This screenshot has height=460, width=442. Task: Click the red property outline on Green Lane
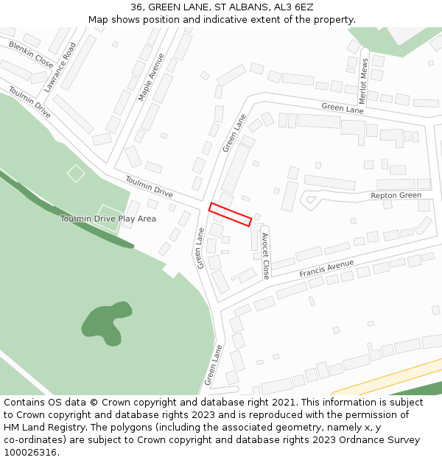(x=230, y=214)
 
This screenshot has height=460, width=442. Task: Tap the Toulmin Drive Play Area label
(x=108, y=219)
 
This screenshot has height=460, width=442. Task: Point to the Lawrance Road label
(x=60, y=67)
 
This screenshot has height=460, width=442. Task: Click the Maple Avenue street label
(x=151, y=76)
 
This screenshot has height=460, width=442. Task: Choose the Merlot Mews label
(x=362, y=81)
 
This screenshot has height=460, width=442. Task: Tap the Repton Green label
(x=396, y=195)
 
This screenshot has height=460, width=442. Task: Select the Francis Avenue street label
(x=326, y=269)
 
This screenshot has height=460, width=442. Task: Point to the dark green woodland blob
(x=103, y=323)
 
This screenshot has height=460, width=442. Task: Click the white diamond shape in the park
(x=76, y=174)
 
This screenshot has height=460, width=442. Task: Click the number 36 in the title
(x=137, y=7)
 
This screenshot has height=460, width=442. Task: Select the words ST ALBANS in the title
(x=241, y=7)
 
